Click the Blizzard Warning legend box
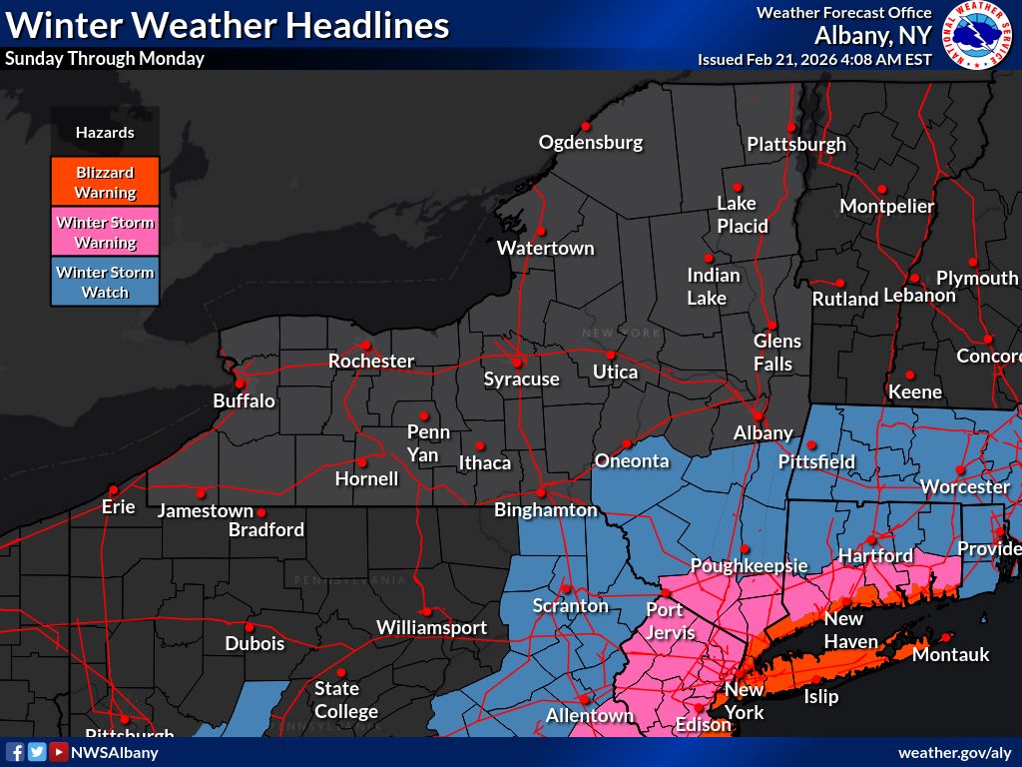click(105, 182)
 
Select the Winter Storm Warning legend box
click(105, 232)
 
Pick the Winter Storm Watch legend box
click(105, 282)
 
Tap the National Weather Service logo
click(977, 35)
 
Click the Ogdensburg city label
click(591, 142)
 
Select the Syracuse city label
click(521, 379)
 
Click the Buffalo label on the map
click(244, 400)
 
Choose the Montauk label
click(950, 654)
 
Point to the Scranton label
click(570, 605)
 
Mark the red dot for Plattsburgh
click(790, 127)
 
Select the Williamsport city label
click(431, 627)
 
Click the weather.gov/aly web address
click(954, 752)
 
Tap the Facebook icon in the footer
click(15, 752)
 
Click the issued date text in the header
click(814, 59)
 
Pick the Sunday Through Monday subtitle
click(104, 58)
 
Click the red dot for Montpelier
click(881, 189)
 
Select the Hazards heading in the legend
click(105, 132)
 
